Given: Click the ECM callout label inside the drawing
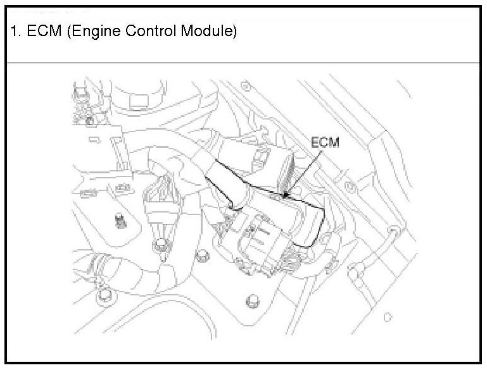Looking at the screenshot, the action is pyautogui.click(x=324, y=143).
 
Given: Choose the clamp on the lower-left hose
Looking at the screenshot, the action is pyautogui.click(x=96, y=264).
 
